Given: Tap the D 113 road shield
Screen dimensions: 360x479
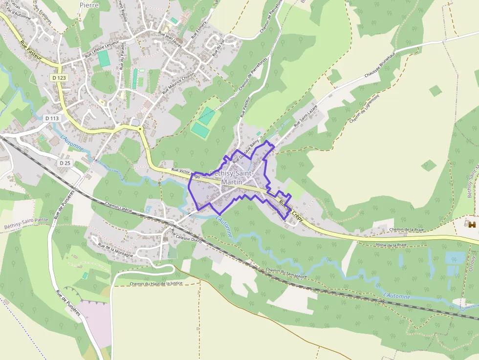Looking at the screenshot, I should pos(51,118).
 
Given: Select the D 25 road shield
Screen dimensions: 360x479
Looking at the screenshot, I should pos(65,163).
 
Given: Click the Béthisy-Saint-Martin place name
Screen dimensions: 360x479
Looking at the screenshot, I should pos(231,178).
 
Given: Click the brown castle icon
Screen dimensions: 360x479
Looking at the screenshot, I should pos(472,225).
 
